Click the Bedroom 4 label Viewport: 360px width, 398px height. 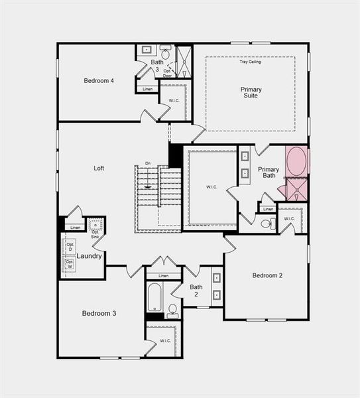(99, 81)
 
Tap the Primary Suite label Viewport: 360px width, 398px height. (251, 92)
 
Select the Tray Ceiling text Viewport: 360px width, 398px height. (250, 62)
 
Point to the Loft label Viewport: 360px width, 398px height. (99, 168)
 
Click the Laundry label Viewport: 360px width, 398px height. (89, 256)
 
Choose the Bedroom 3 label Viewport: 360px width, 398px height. (99, 313)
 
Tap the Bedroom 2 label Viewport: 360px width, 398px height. (267, 275)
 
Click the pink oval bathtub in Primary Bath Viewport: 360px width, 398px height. (296, 161)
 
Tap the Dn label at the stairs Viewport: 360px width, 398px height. (147, 164)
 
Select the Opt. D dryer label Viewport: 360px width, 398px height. (70, 246)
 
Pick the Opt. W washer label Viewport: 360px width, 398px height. (70, 265)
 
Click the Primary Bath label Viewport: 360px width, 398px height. (269, 172)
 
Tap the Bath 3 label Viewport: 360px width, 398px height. (157, 65)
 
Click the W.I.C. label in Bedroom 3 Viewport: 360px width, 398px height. (165, 341)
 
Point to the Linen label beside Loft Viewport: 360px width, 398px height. (76, 228)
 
